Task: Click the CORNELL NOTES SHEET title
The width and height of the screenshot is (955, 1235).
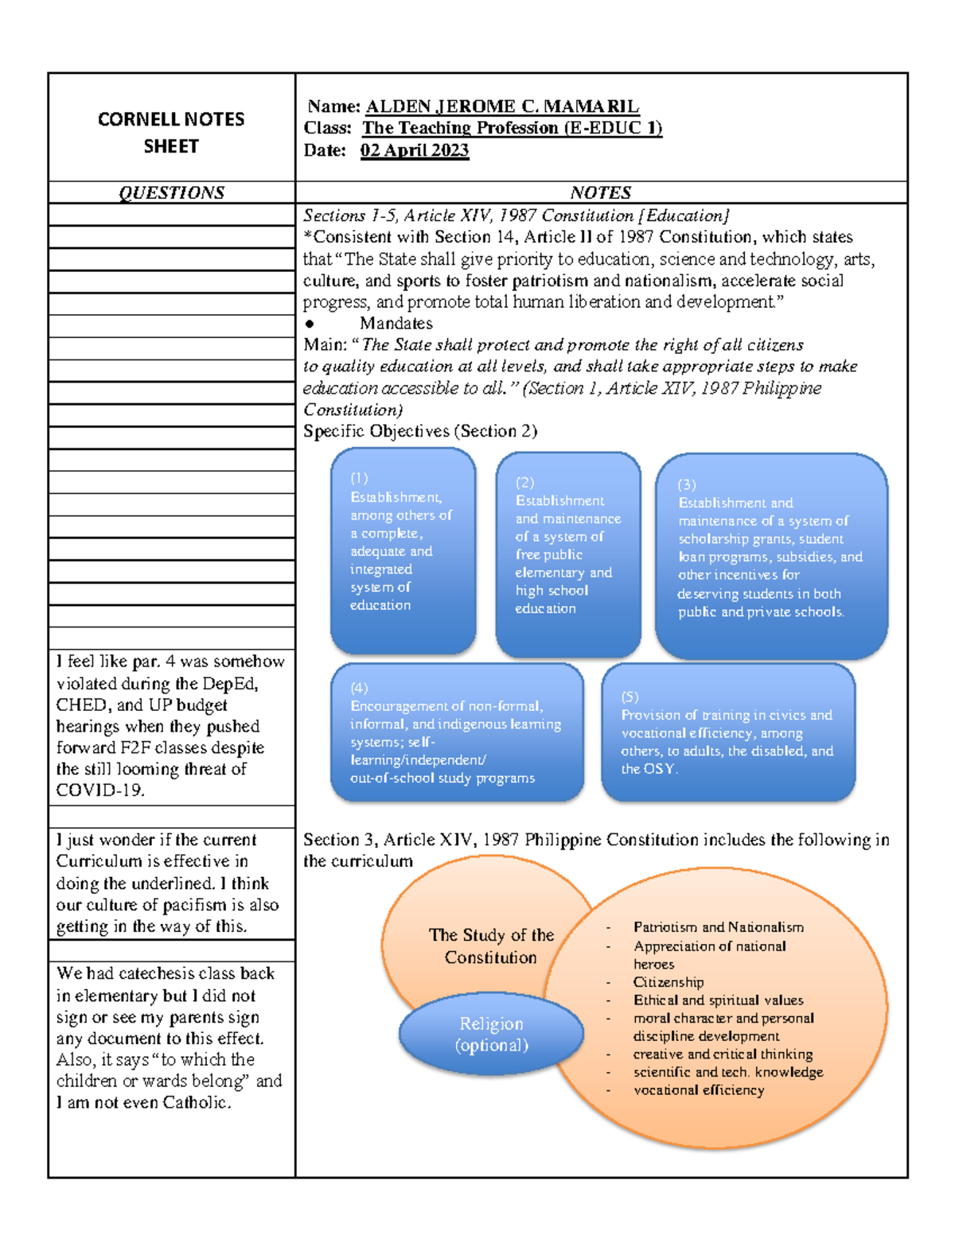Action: tap(171, 132)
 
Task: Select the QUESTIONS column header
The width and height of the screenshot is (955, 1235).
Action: tap(171, 192)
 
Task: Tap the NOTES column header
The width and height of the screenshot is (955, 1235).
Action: tap(601, 192)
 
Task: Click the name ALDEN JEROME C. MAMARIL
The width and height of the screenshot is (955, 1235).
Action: tap(501, 107)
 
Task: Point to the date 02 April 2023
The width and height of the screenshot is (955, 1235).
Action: tap(415, 150)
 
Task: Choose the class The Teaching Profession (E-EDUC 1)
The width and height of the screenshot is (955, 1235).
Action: tap(512, 128)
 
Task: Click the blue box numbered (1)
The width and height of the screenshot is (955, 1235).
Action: tap(403, 550)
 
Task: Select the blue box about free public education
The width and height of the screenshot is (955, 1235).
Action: tap(567, 554)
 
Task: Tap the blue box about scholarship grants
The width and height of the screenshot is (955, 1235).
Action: tap(770, 556)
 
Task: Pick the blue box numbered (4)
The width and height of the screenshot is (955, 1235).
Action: tap(457, 732)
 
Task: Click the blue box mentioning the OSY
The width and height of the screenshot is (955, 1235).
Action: tap(727, 732)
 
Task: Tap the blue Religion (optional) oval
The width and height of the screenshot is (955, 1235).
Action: tap(491, 1034)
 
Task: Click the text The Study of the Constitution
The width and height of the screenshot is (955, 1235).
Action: tap(491, 946)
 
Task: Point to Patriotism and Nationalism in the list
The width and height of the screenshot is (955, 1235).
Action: tap(718, 927)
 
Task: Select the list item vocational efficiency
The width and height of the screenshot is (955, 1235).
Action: tap(699, 1090)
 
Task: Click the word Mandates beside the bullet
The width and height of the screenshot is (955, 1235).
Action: tap(396, 323)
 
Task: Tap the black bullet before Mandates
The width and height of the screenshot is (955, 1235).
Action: tap(310, 324)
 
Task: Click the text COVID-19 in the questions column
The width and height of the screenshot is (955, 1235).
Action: tap(99, 790)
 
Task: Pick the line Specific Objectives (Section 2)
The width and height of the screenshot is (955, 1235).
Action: tap(420, 431)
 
